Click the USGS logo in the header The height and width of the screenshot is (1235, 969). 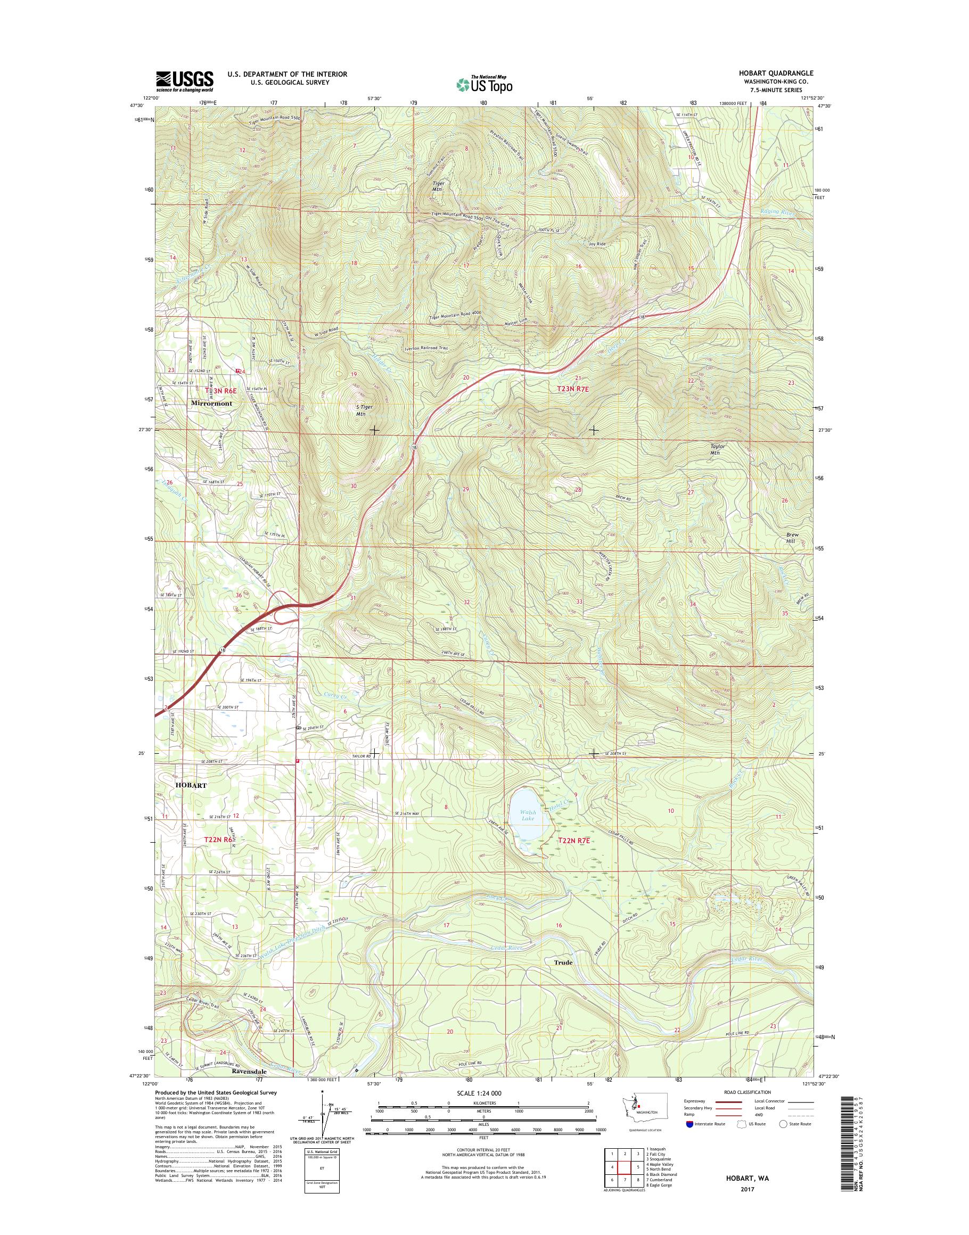[x=185, y=80]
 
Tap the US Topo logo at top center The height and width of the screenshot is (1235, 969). [x=484, y=84]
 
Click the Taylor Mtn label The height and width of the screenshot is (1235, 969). [x=718, y=449]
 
